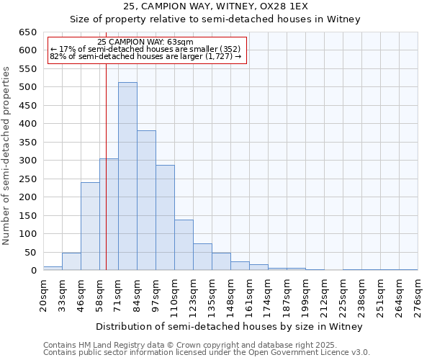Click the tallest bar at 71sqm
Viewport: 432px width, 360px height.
click(127, 176)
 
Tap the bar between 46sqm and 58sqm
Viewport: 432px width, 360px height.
click(90, 226)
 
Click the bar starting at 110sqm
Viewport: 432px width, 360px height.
click(184, 245)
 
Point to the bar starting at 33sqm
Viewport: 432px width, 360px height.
click(71, 261)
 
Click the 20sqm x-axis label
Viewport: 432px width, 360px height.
click(43, 293)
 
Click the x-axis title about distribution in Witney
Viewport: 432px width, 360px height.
click(230, 326)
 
